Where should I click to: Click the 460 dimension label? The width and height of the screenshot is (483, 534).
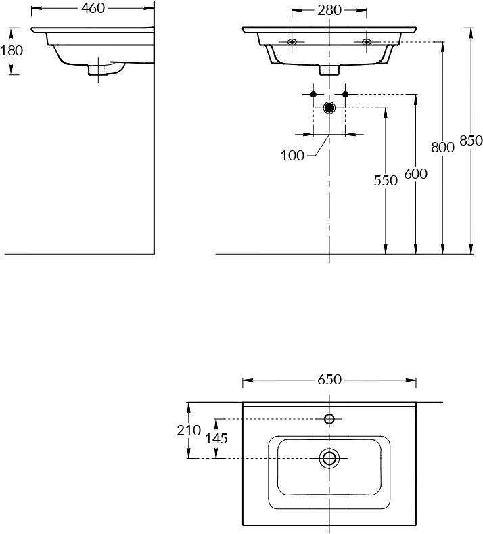click(x=93, y=8)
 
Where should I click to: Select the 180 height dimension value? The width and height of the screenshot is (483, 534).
click(x=11, y=51)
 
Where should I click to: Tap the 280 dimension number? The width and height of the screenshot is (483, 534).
click(x=329, y=10)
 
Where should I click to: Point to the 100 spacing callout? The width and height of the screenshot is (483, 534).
click(x=292, y=156)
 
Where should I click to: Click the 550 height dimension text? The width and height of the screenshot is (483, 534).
click(x=386, y=181)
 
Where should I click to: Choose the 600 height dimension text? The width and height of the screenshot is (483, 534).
click(x=415, y=174)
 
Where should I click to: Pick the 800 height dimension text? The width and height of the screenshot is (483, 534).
click(x=443, y=148)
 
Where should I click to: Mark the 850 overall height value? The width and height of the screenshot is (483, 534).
click(x=471, y=140)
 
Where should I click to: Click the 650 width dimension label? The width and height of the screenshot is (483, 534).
click(x=329, y=380)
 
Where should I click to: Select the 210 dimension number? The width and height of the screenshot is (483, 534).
click(x=189, y=430)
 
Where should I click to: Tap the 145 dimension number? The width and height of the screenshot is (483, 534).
click(x=216, y=439)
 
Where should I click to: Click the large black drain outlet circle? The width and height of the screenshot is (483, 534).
click(x=329, y=108)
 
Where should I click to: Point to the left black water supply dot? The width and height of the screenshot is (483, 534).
click(x=313, y=94)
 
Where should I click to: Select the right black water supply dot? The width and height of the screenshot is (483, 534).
click(x=345, y=94)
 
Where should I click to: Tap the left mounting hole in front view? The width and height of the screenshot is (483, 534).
click(x=292, y=42)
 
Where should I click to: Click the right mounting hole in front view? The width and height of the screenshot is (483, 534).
click(x=367, y=42)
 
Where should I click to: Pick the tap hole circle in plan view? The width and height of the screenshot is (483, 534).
click(x=329, y=418)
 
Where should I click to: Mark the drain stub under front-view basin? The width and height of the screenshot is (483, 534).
click(x=329, y=70)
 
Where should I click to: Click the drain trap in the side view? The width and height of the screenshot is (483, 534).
click(x=106, y=68)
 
